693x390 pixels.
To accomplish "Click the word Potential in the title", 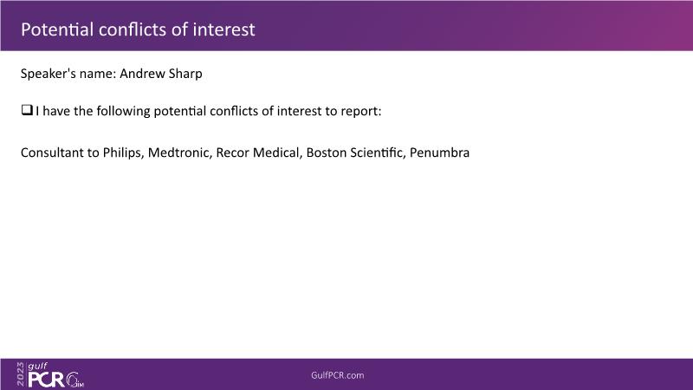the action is click(57, 29).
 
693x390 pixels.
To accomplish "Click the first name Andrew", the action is click(139, 74).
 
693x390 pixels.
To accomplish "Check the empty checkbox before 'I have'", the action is click(27, 110).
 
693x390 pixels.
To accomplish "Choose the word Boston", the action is click(327, 153).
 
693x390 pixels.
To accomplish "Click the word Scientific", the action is click(378, 153).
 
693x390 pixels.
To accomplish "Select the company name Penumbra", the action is click(439, 153).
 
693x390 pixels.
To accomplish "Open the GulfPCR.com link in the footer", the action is click(338, 375).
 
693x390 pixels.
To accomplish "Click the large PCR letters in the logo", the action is click(46, 380).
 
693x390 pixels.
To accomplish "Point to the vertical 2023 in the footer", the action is click(21, 374).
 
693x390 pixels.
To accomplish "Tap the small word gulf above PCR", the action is click(37, 367).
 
